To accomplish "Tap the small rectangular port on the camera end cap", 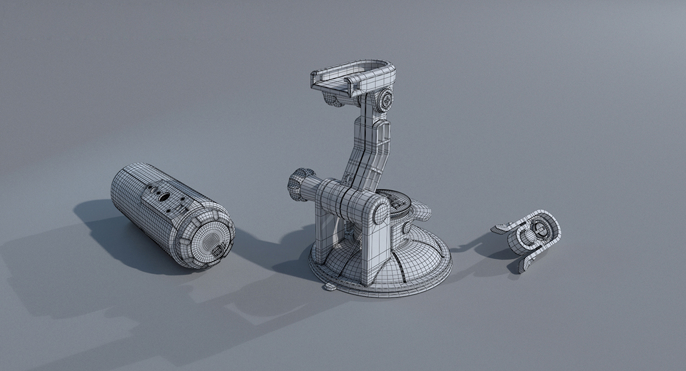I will (217, 252).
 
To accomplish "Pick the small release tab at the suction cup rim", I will (330, 286).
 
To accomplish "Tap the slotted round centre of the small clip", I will (539, 231).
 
